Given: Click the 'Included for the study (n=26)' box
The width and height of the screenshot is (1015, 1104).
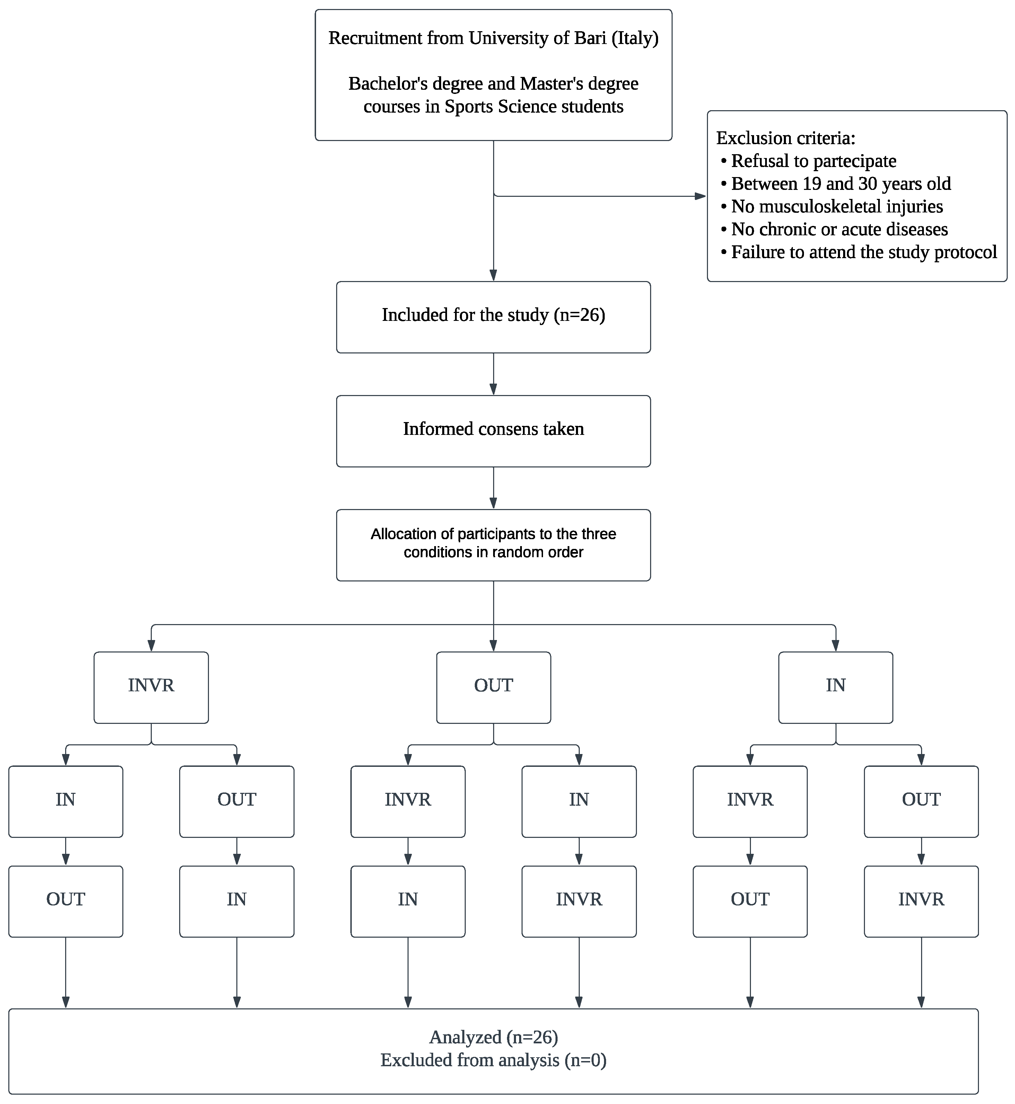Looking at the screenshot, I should tap(493, 317).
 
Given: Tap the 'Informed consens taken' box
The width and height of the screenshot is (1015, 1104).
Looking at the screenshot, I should tap(493, 431).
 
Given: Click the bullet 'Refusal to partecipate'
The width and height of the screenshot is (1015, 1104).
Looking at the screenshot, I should tap(813, 161).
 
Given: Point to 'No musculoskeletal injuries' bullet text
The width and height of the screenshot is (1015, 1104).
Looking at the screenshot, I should tap(837, 207).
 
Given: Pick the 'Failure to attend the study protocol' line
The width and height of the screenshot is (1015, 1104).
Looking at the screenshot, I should tap(864, 252).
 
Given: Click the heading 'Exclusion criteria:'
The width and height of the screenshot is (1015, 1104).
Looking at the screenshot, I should tap(785, 138).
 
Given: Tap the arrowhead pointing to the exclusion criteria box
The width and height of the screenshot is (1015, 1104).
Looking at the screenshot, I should tap(700, 196).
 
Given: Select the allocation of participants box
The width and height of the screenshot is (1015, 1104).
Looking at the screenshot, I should tap(493, 545).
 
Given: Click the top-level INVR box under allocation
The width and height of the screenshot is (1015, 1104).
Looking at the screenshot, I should tap(151, 687).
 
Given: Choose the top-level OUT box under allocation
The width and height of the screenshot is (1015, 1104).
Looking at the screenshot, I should tap(493, 687).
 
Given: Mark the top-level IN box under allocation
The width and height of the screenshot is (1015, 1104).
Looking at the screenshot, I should tap(835, 687).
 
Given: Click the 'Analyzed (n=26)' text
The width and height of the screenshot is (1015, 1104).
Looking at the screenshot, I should tap(493, 1037).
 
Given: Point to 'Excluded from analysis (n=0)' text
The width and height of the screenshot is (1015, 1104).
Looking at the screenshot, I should tap(493, 1060).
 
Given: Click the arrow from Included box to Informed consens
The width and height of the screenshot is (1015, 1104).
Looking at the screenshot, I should tap(493, 374).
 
